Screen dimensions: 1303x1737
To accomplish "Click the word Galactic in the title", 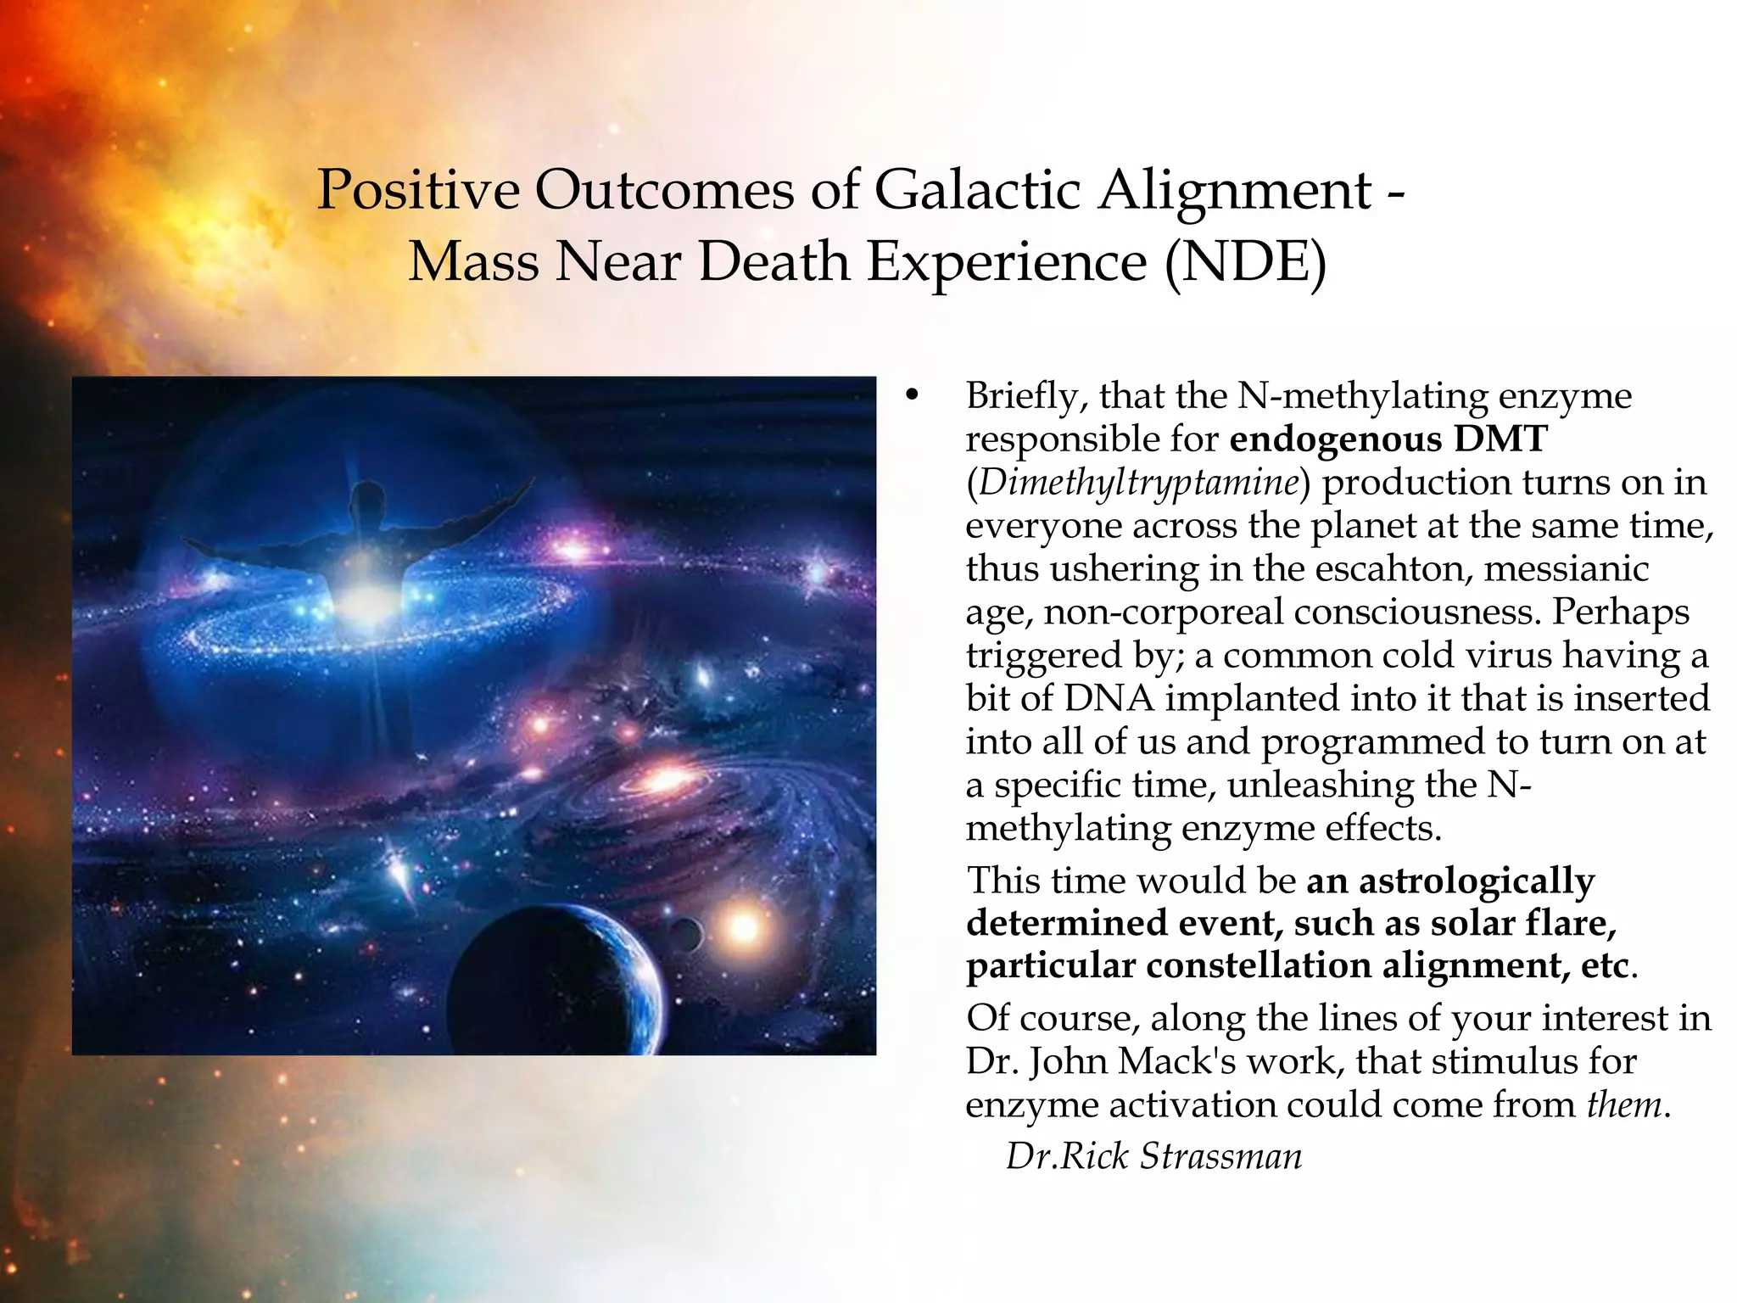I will coord(976,190).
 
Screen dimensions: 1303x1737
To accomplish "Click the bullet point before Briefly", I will coord(912,397).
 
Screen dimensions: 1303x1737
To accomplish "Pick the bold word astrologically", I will coord(1477,880).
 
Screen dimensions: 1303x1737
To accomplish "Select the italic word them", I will coord(1623,1104).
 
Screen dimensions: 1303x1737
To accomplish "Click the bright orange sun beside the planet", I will coord(743,927).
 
